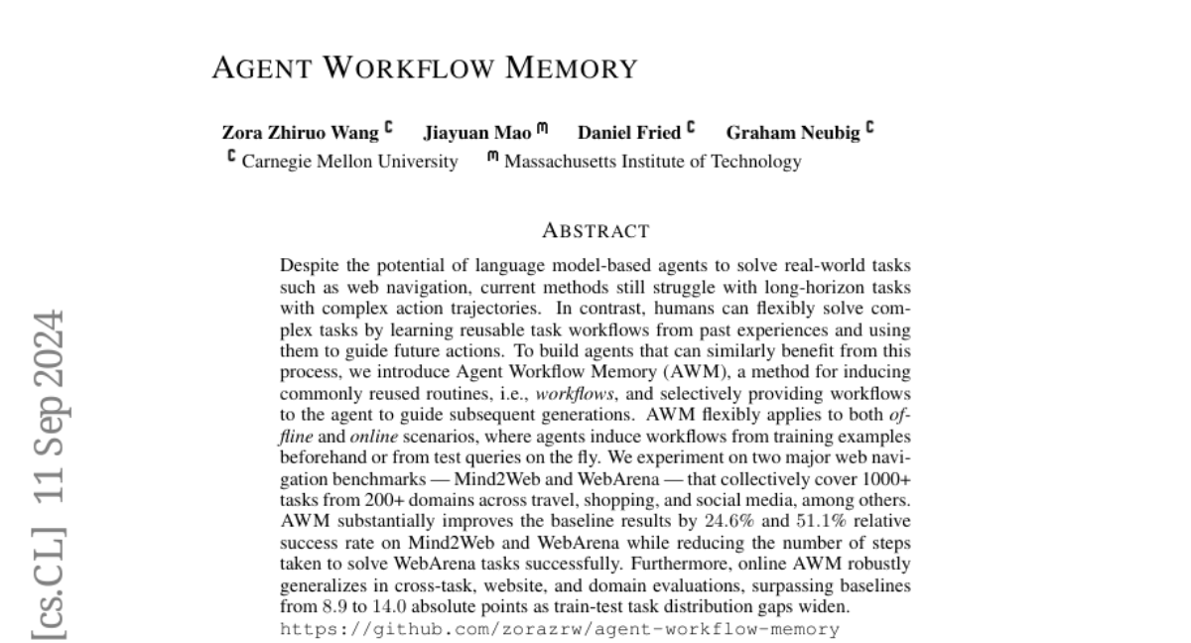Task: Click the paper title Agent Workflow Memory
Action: click(x=425, y=68)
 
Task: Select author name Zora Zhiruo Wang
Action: click(x=299, y=133)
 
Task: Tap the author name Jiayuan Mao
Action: click(x=477, y=133)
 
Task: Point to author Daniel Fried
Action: click(x=629, y=133)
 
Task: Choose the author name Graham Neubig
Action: click(x=793, y=133)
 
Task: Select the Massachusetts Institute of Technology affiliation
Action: click(x=652, y=162)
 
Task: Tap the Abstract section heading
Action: click(x=595, y=232)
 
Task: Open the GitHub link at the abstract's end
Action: click(x=560, y=629)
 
